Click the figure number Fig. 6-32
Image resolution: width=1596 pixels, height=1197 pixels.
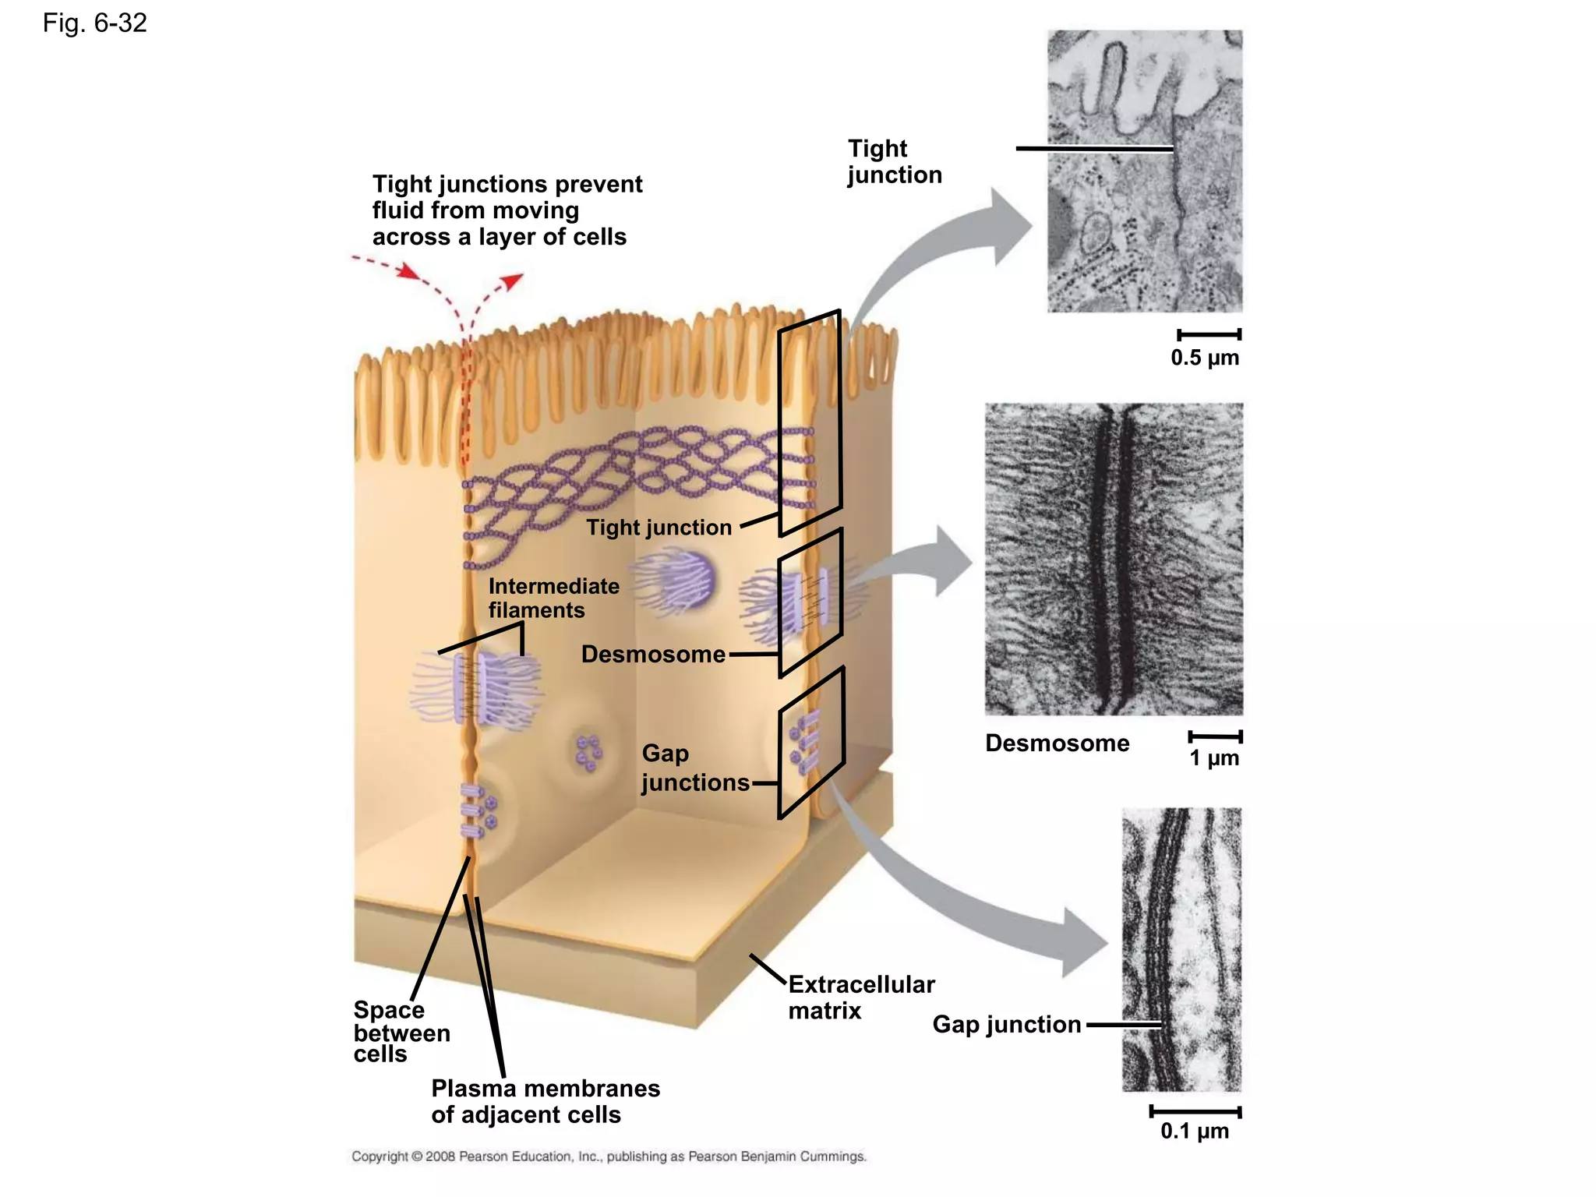click(x=94, y=23)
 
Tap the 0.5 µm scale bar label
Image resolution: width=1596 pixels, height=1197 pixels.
click(x=1204, y=358)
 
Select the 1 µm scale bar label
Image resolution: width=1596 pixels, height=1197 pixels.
click(x=1213, y=758)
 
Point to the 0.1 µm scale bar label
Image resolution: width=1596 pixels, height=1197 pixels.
click(x=1194, y=1131)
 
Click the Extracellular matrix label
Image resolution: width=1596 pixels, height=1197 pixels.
click(x=860, y=997)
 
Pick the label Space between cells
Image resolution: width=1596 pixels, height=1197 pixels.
click(x=401, y=1032)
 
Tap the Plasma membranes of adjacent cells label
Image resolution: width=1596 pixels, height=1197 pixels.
click(x=545, y=1101)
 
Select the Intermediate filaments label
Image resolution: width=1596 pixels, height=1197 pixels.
click(x=553, y=598)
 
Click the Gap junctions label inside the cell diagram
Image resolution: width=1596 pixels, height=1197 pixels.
click(x=694, y=768)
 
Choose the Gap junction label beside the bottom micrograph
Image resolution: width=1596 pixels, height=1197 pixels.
click(x=1006, y=1024)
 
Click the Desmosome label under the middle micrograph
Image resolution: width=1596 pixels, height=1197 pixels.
click(x=1057, y=743)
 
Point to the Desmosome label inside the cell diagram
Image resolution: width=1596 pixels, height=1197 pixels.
click(x=653, y=654)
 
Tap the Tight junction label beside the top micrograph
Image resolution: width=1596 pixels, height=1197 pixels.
click(x=894, y=161)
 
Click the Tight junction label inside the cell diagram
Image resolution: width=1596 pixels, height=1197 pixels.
click(x=659, y=528)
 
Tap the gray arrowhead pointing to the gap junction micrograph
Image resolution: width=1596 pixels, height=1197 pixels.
click(x=1084, y=943)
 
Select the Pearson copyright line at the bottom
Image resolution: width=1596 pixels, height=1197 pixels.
click(x=609, y=1156)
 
